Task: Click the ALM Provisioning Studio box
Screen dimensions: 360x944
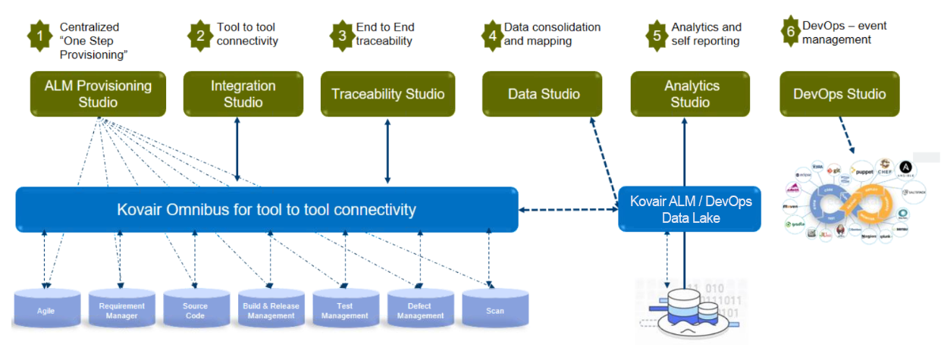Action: coord(98,94)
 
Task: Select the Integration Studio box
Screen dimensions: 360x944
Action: coord(243,94)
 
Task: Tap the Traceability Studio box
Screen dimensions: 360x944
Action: coord(387,94)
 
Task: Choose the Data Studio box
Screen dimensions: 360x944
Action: coord(543,94)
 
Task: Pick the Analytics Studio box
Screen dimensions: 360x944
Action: coord(691,94)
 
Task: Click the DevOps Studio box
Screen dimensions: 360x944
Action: coord(839,94)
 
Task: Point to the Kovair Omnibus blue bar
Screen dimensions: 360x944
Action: coord(266,209)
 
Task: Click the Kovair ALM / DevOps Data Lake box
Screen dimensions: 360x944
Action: coord(689,209)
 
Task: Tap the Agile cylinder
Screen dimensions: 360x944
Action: coord(45,309)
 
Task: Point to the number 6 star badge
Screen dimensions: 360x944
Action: coord(790,31)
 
